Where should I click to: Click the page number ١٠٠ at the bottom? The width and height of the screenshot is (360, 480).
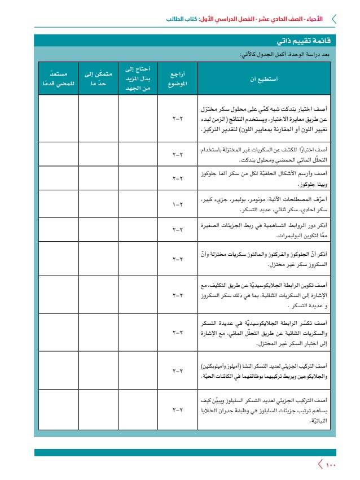tap(330, 464)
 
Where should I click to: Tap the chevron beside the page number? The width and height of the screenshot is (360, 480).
tap(321, 464)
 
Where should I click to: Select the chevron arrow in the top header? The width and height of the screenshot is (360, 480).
tap(333, 19)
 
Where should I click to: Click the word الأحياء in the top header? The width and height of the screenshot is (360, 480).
tap(314, 19)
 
